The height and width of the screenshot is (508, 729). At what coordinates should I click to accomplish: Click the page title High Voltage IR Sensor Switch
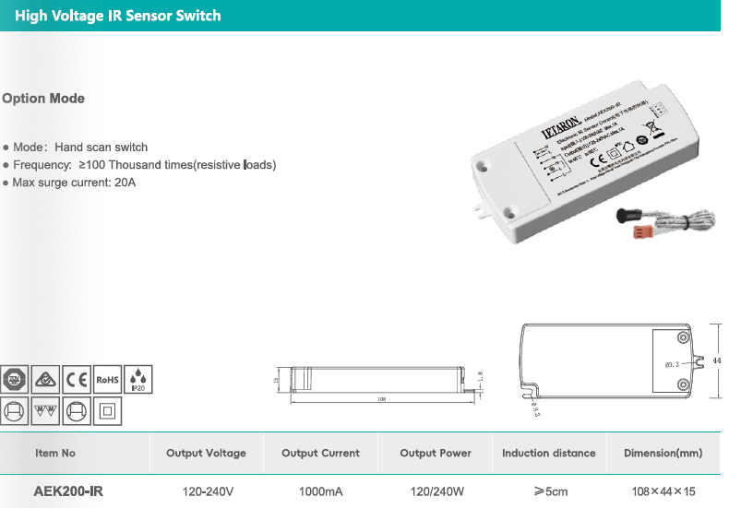click(117, 16)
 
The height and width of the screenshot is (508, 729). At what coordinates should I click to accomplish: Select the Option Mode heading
click(43, 99)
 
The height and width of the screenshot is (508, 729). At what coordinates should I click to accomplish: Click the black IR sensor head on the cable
click(627, 218)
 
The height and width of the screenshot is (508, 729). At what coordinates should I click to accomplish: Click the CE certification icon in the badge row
click(78, 379)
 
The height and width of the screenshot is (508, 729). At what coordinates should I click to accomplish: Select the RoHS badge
click(108, 379)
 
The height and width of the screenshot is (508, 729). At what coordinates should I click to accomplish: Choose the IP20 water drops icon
click(137, 379)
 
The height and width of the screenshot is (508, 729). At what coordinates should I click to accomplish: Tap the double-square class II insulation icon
click(107, 411)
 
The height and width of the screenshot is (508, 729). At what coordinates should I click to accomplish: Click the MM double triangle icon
click(45, 411)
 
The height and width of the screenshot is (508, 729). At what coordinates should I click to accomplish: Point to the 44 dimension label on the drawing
click(717, 360)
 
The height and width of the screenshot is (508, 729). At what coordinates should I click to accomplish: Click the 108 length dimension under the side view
click(381, 400)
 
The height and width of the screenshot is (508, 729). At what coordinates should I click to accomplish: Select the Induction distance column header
click(548, 453)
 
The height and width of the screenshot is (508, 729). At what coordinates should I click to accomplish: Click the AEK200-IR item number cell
click(68, 491)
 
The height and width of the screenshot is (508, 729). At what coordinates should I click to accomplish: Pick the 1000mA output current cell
click(320, 491)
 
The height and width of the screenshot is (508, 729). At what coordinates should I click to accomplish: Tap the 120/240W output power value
click(436, 491)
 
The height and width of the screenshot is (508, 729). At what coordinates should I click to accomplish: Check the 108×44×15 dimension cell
click(663, 491)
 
